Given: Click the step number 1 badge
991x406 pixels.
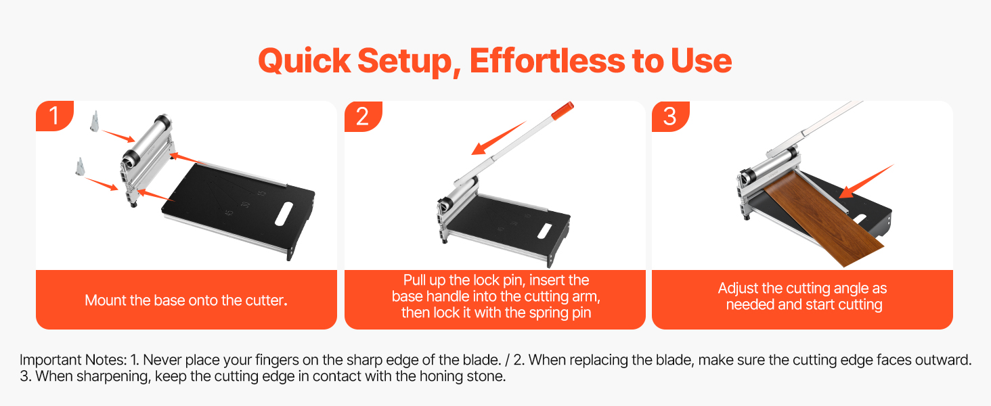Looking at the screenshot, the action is coord(54,116).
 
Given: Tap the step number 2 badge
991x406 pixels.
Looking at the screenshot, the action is coord(363,116).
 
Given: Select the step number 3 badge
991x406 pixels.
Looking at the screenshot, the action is coord(670,116).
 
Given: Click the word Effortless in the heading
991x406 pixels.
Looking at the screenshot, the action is coord(547,61).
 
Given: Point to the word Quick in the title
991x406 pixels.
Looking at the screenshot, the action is coord(305,61).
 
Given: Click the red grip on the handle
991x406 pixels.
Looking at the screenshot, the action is coord(563,110).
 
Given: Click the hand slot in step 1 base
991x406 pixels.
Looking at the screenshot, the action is coord(284,214).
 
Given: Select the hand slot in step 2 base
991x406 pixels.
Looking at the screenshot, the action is coord(544,231).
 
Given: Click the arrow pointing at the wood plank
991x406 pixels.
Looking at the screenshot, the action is coord(866,181).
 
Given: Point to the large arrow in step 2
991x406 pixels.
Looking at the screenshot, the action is coord(499,137).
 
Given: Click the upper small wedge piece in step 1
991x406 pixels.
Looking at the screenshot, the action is coord(94,120).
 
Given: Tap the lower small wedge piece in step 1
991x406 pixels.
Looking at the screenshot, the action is coord(80,166).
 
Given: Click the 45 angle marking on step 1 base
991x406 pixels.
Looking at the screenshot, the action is coord(229,212).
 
